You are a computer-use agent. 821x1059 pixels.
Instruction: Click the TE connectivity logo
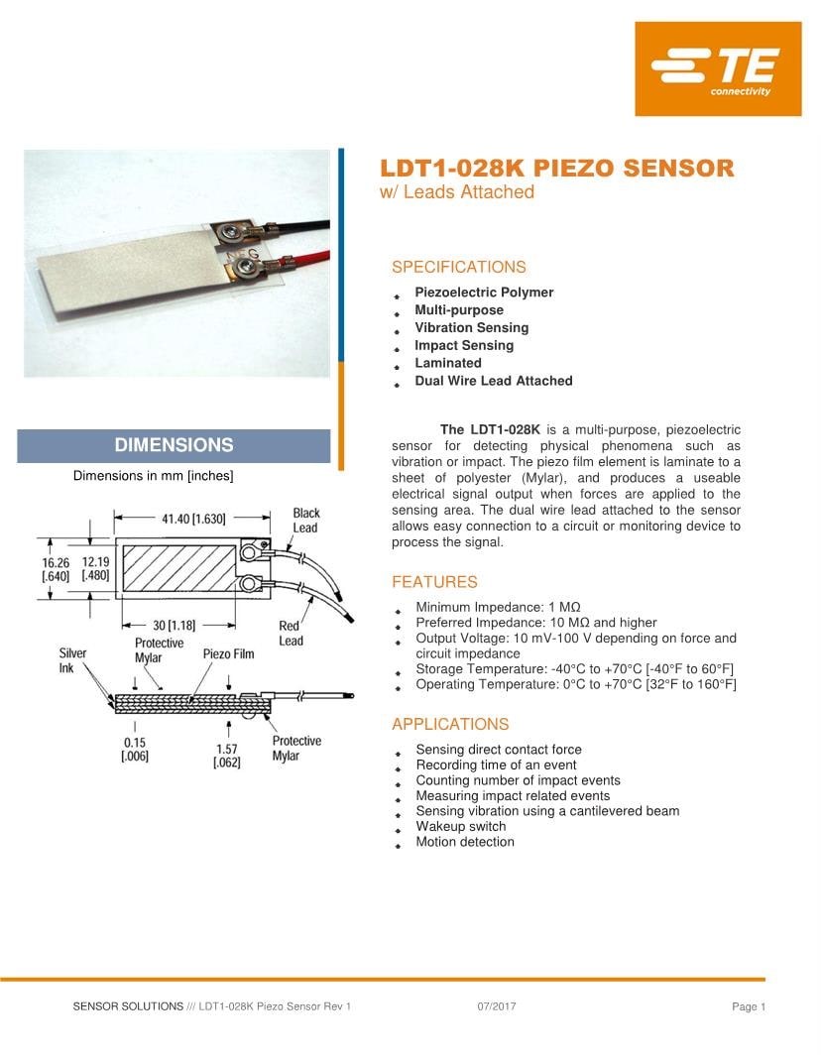[x=718, y=69]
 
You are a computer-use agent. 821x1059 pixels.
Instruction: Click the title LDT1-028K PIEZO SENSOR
[x=557, y=168]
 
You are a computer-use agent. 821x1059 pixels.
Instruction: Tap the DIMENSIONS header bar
[x=174, y=445]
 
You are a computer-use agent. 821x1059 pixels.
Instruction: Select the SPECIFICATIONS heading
[x=458, y=267]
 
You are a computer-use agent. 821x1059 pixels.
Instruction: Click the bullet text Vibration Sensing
[x=471, y=327]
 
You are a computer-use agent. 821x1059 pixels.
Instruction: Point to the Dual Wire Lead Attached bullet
[x=493, y=381]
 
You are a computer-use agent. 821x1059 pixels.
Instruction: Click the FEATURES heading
[x=434, y=582]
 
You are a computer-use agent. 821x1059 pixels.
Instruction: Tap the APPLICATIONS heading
[x=450, y=724]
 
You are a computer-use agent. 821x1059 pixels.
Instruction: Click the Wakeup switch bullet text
[x=460, y=826]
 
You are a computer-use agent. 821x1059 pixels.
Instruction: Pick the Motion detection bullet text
[x=464, y=842]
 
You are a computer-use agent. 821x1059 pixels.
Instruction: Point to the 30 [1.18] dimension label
[x=173, y=626]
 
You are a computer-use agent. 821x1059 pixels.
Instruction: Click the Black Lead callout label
[x=305, y=521]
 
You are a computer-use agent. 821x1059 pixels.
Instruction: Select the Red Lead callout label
[x=291, y=633]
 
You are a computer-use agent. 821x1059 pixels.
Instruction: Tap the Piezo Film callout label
[x=228, y=654]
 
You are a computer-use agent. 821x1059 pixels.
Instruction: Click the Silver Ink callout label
[x=72, y=660]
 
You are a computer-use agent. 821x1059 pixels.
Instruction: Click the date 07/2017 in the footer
[x=496, y=1006]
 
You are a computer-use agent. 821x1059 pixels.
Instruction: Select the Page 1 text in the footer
[x=749, y=1006]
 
